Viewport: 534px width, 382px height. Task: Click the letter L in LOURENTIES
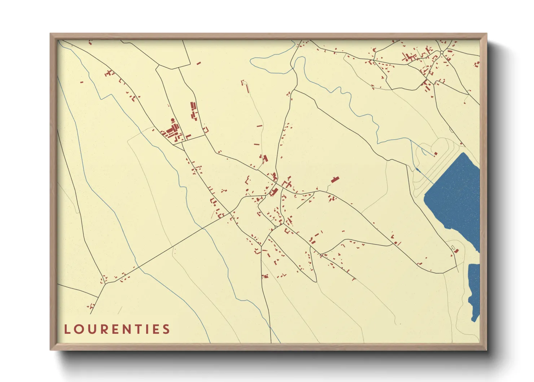point(67,329)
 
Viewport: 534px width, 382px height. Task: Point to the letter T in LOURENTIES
point(135,329)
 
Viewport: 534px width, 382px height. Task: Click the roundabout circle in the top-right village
point(442,53)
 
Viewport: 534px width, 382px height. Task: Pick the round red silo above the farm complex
point(172,120)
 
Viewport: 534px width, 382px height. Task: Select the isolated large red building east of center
point(335,179)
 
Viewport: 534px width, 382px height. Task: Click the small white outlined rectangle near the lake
point(452,247)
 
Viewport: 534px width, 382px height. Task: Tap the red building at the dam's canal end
point(435,153)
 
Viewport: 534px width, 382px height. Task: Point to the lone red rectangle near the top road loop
point(198,63)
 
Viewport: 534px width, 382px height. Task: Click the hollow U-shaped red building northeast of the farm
point(206,129)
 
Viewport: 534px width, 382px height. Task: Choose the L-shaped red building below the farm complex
point(188,136)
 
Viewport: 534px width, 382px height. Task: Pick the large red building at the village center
point(274,191)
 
